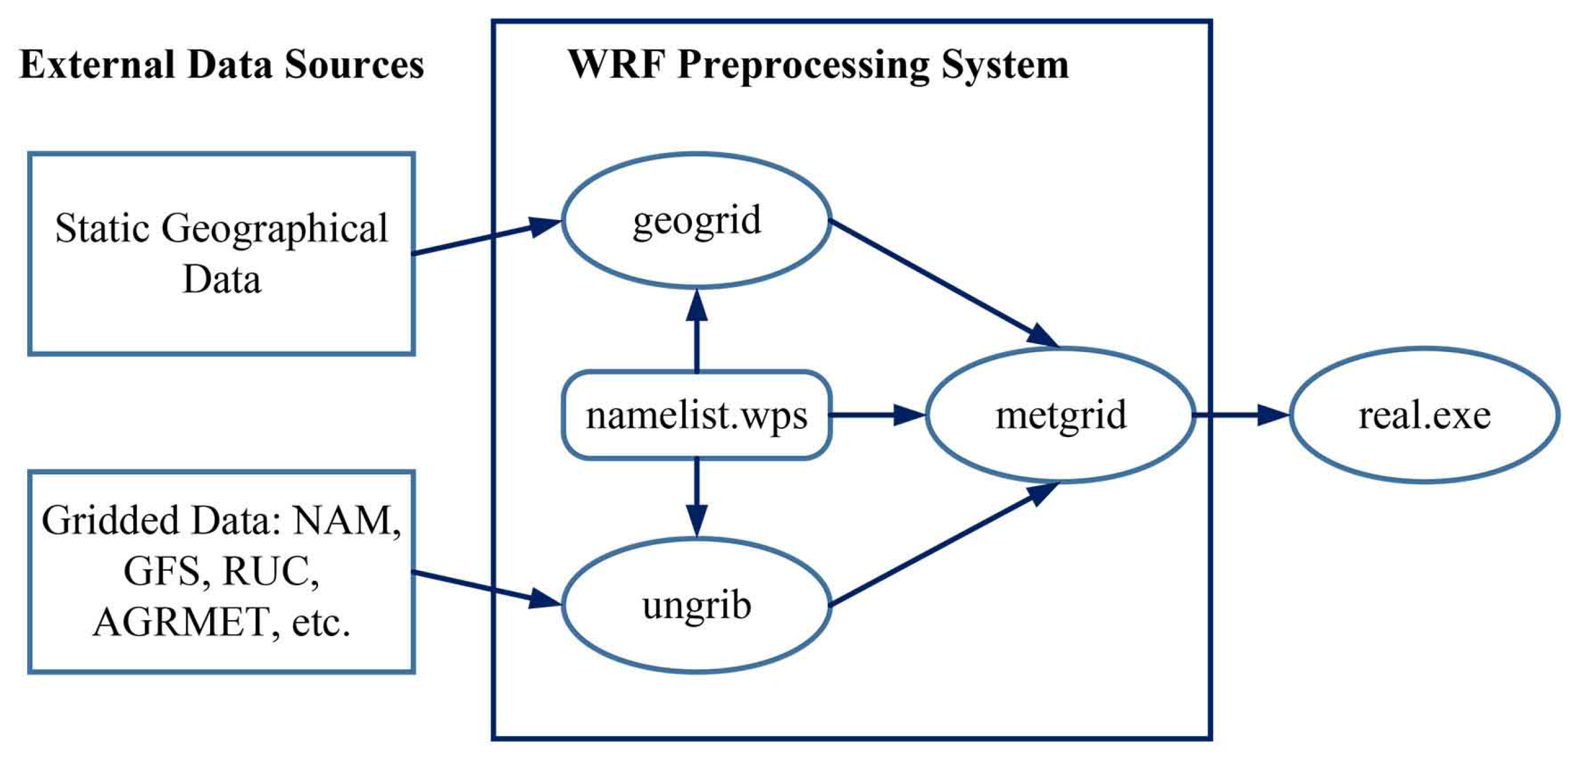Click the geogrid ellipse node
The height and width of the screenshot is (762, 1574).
pos(696,221)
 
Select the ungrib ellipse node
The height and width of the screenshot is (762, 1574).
pos(696,605)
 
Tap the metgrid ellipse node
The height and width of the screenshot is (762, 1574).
pos(1060,415)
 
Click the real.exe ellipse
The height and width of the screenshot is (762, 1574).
pos(1425,415)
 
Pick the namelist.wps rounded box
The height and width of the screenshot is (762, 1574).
pos(696,415)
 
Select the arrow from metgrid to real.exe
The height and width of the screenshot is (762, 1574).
pos(1240,415)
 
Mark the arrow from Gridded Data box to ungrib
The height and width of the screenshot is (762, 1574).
pos(486,589)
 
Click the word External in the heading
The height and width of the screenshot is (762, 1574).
pos(98,64)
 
